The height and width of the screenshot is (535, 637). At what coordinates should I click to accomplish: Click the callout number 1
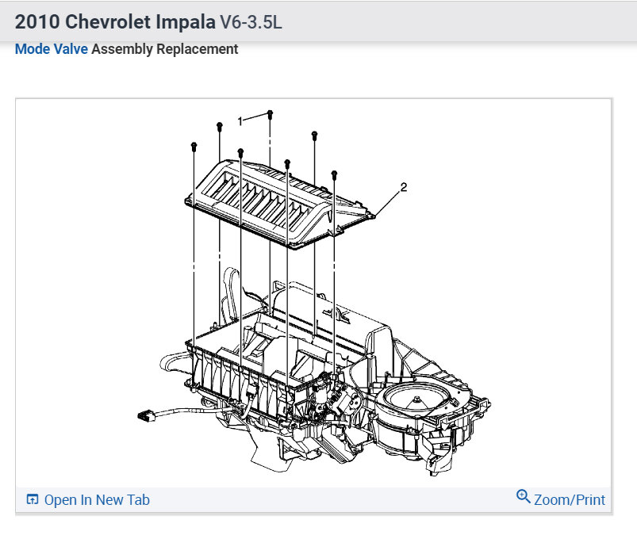coord(240,121)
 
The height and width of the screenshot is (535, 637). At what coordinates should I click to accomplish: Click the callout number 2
coord(404,187)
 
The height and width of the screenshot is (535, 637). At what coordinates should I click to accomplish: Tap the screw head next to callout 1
coord(270,113)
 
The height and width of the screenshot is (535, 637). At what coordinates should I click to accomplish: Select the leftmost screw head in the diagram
coord(194,146)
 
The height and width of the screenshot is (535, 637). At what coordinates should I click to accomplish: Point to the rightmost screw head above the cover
coord(334,174)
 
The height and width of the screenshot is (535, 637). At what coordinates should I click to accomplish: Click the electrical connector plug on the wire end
coord(145,415)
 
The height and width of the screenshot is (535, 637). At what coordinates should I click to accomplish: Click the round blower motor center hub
coord(416,399)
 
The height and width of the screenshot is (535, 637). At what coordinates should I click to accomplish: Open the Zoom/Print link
coord(569,499)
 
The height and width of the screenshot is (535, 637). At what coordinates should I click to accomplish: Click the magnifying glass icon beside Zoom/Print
coord(524,496)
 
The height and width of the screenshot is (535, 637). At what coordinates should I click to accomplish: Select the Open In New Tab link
coord(97,499)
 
